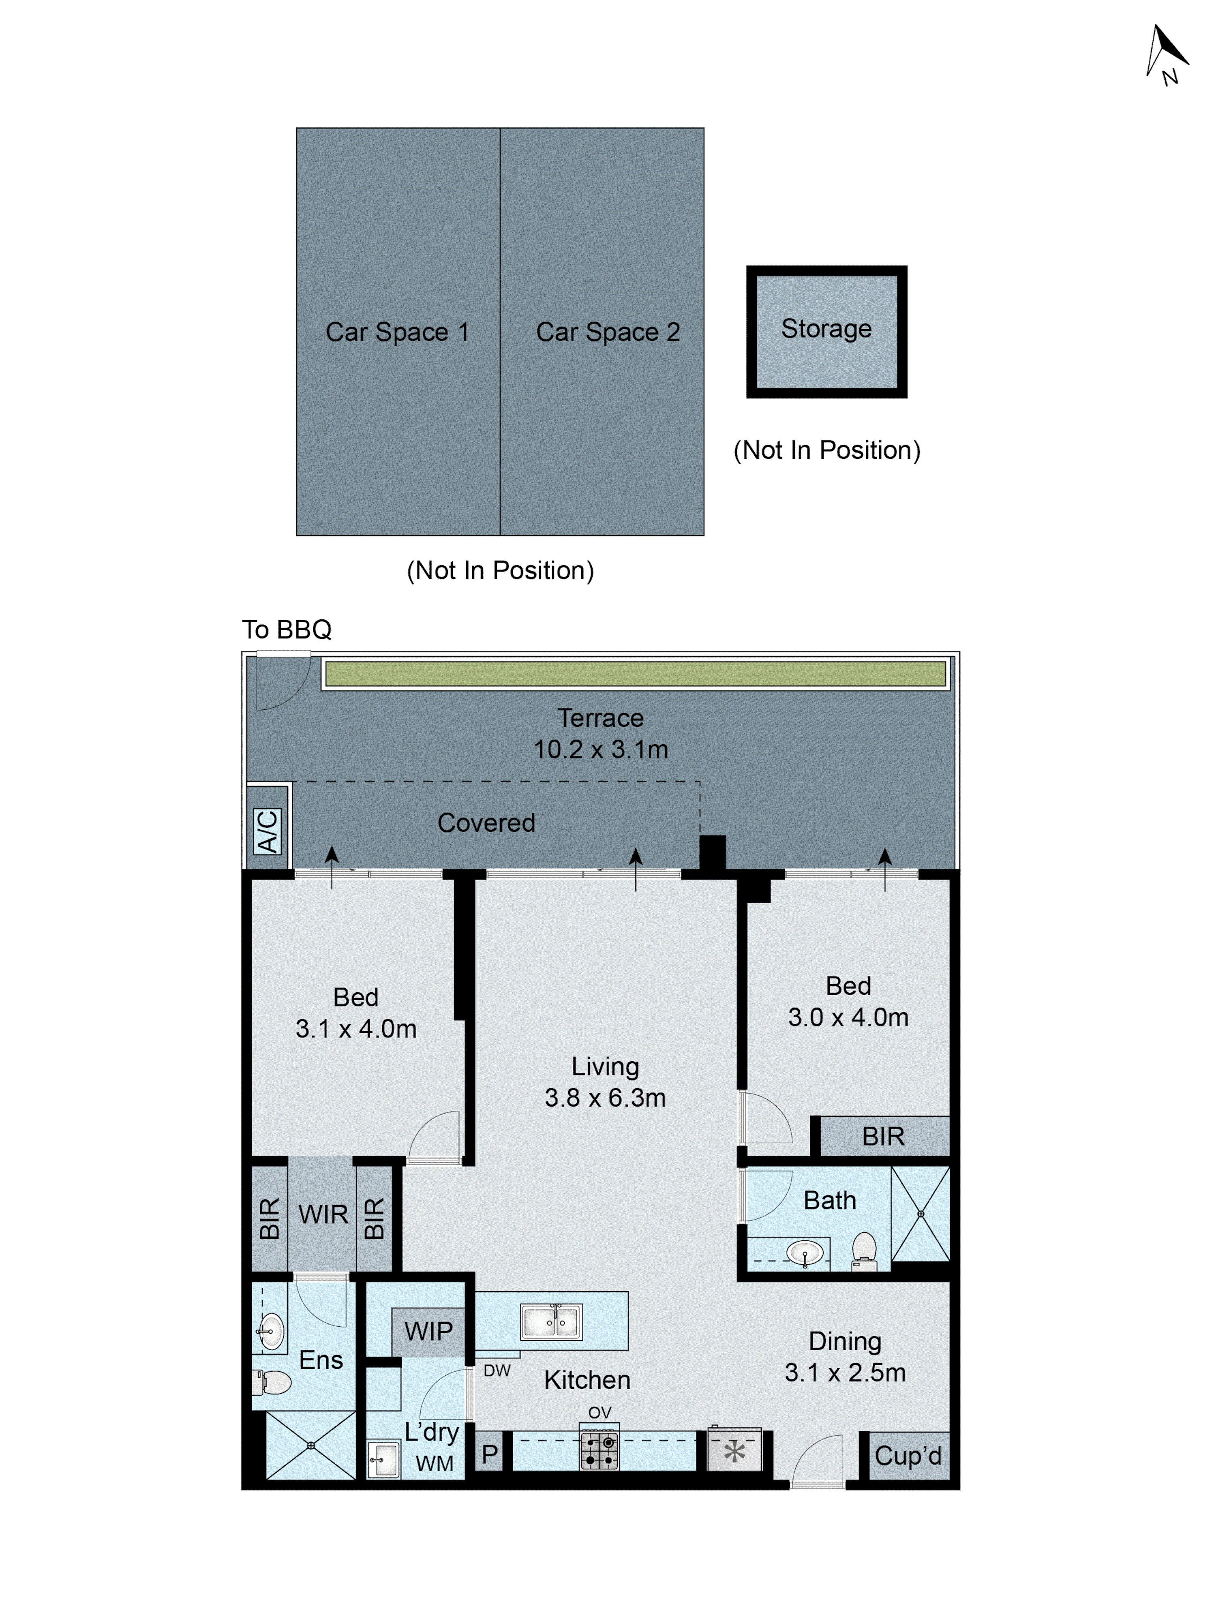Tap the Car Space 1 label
[x=397, y=332]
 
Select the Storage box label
[x=826, y=329]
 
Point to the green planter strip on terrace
[x=635, y=673]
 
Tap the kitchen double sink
[x=551, y=1322]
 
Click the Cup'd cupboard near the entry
[x=908, y=1455]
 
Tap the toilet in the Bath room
[x=864, y=1250]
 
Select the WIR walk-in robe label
[x=323, y=1214]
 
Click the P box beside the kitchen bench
[x=490, y=1454]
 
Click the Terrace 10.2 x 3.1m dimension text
[x=600, y=749]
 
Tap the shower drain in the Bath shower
[x=921, y=1214]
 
